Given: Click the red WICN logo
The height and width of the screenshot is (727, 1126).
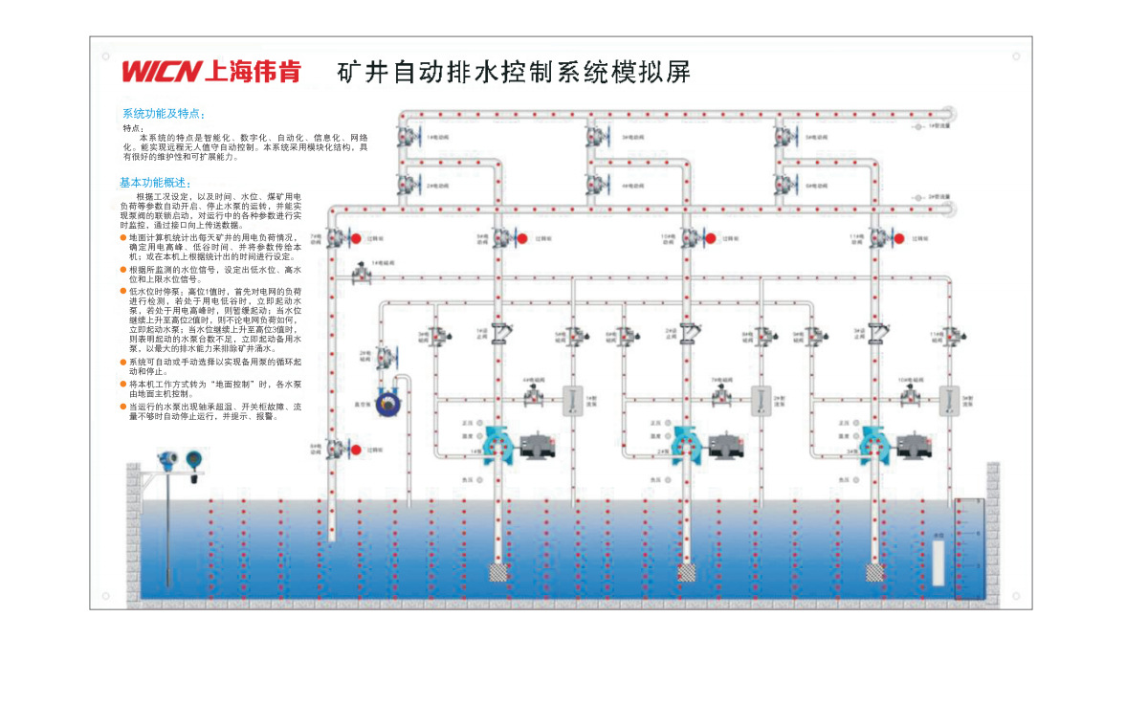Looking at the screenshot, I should click(161, 72).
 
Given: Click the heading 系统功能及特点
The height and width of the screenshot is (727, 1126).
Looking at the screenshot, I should click(163, 113).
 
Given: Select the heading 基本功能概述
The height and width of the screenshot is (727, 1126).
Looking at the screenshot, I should click(155, 183).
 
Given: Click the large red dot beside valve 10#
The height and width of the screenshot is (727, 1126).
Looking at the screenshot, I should click(712, 237).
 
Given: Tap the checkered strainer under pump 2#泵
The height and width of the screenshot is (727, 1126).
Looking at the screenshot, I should click(687, 572).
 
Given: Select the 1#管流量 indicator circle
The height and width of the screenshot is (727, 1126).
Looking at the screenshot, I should click(917, 125).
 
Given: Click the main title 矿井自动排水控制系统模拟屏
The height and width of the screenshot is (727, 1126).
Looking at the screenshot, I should click(514, 72).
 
